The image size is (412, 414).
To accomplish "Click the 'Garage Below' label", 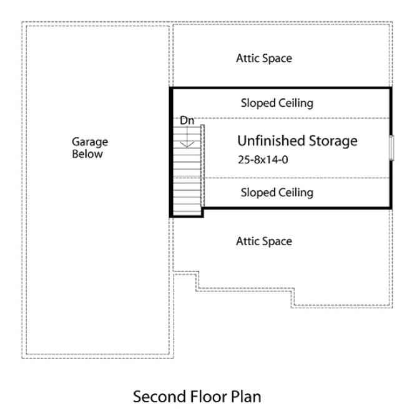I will pos(89,148).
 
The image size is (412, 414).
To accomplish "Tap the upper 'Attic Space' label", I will pos(263,59).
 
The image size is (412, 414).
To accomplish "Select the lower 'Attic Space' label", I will pos(263,241).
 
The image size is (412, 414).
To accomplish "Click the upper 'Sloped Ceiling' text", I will pos(277,103).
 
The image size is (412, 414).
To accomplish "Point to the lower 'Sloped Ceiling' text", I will pos(277,193).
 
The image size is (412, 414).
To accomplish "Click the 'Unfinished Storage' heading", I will pos(297,141).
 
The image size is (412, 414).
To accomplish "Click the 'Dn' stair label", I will pos(187,121).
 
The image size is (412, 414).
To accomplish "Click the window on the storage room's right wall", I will pos(392,148).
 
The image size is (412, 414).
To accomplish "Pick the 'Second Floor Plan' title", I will pos(196,397).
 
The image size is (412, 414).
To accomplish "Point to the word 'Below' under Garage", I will pos(87,154).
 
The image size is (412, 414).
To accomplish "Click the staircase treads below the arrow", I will pos(187,181).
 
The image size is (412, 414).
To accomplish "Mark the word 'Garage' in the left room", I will pos(89,142).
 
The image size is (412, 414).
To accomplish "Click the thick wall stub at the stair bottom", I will pos(187,215).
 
